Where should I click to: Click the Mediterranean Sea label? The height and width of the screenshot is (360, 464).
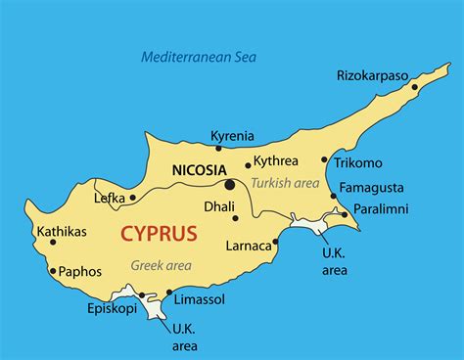pos(199,57)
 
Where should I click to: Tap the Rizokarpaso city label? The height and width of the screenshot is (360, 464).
pos(377,74)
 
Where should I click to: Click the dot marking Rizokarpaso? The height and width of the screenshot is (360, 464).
pos(414,87)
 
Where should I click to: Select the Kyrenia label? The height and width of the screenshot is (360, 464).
pos(232,136)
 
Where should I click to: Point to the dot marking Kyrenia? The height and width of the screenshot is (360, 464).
pos(219,149)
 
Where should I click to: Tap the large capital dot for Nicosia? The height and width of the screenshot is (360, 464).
pos(229,184)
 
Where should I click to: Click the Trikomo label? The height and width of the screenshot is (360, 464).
pos(358,162)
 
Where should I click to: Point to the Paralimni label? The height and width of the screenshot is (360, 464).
pos(381,208)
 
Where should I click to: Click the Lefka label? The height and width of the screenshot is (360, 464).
pos(109,198)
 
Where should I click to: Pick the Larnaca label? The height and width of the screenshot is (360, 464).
pos(248,245)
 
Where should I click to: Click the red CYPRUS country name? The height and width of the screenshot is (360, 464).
pos(158,235)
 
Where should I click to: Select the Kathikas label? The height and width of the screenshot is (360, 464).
pos(60,232)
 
